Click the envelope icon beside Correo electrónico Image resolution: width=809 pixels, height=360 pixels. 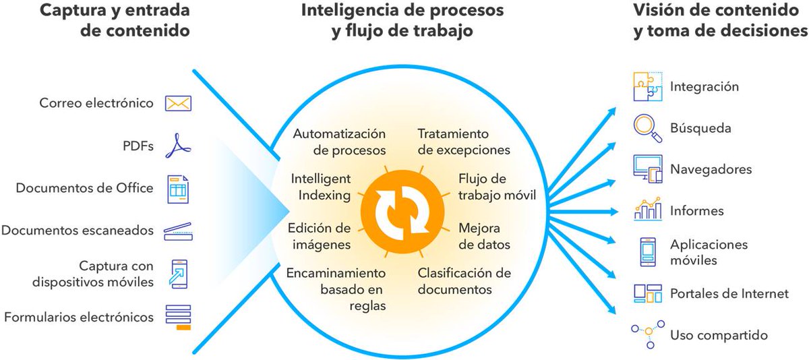pyautogui.click(x=179, y=103)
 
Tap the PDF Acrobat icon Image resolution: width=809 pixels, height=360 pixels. pyautogui.click(x=179, y=146)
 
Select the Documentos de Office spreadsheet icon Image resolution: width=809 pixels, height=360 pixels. pyautogui.click(x=179, y=189)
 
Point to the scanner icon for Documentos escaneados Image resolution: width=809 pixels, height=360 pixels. pyautogui.click(x=179, y=231)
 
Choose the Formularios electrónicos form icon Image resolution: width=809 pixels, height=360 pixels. pyautogui.click(x=179, y=316)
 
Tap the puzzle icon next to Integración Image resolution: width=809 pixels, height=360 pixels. pyautogui.click(x=648, y=87)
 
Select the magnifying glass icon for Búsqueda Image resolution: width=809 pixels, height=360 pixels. pyautogui.click(x=646, y=128)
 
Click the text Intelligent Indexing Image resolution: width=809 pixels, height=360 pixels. pyautogui.click(x=321, y=187)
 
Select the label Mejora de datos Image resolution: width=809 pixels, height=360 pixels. pyautogui.click(x=484, y=235)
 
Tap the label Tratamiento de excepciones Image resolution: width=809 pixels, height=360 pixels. pyautogui.click(x=463, y=142)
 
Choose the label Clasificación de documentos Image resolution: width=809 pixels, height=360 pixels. pyautogui.click(x=465, y=282)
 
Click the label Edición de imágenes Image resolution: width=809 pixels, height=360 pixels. pyautogui.click(x=319, y=235)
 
